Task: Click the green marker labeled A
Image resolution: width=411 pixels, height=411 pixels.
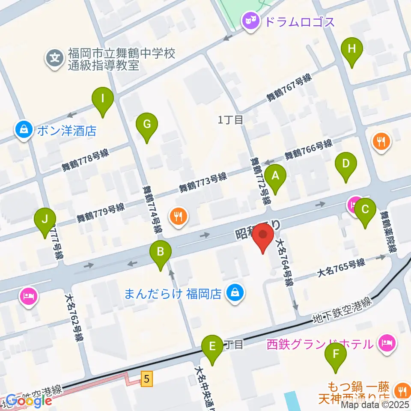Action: [275, 176]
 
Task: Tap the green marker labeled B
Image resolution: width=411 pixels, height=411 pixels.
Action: [161, 252]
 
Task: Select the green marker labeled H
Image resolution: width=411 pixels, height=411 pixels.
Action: [352, 49]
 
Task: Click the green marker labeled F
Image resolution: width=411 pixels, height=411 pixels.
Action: [336, 354]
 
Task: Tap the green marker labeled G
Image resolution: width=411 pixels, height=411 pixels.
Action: [147, 125]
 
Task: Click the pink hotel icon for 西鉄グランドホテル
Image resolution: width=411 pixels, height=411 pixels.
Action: [387, 342]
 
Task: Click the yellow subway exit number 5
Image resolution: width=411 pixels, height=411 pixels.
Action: [147, 378]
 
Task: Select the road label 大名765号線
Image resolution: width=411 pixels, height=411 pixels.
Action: [341, 266]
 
